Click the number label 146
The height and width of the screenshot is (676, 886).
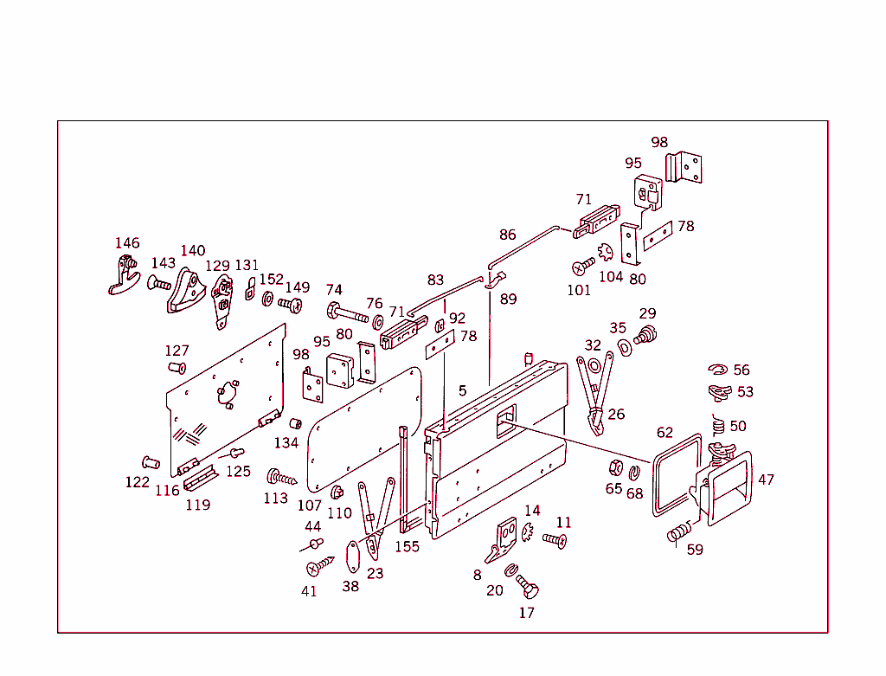(127, 243)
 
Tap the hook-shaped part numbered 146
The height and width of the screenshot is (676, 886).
(124, 276)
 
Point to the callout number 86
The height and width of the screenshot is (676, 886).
(507, 235)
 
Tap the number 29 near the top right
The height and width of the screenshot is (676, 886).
(647, 313)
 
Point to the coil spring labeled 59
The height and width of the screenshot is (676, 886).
(680, 532)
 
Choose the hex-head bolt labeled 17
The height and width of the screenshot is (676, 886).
(528, 589)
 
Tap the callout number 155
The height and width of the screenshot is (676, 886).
(407, 547)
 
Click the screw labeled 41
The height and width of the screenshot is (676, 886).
(318, 567)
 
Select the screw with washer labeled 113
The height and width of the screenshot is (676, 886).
(281, 477)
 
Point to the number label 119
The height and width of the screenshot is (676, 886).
(197, 505)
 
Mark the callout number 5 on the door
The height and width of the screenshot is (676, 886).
(463, 391)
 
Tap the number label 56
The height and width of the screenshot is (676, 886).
(742, 370)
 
